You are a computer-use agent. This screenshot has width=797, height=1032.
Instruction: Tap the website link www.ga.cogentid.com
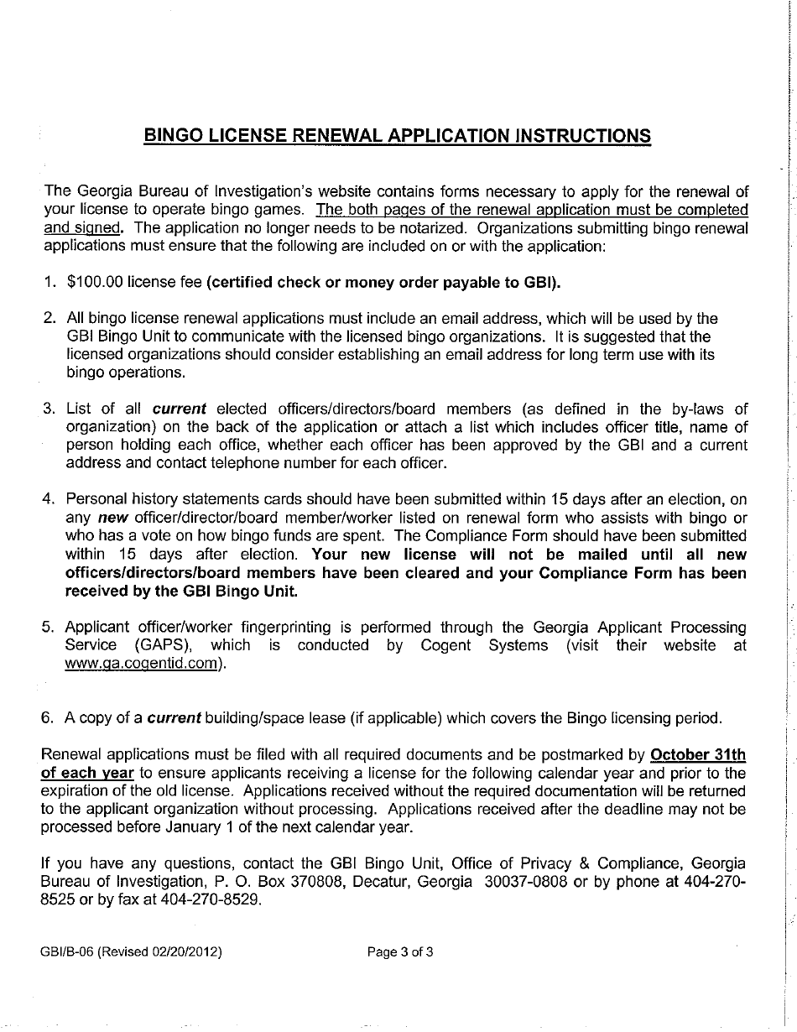coord(142,664)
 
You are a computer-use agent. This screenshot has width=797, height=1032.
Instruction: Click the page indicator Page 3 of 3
coord(400,952)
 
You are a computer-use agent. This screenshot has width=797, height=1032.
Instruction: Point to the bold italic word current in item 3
coord(179,409)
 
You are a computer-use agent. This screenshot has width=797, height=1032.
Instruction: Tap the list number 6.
coord(48,719)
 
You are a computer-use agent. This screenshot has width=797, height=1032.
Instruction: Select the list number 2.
coord(48,319)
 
